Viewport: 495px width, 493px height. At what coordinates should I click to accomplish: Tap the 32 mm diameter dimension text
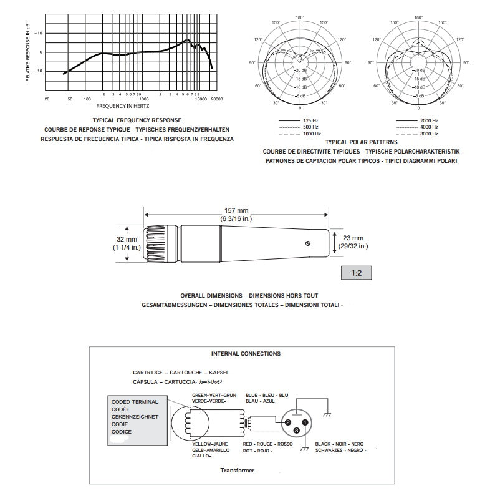127,243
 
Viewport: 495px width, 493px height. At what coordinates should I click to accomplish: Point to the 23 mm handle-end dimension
353,242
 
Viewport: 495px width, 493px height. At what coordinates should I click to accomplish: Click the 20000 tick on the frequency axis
216,99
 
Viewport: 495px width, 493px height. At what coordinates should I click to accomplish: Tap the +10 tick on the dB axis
38,33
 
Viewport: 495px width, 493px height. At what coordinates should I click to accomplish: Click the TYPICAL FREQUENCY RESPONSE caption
137,119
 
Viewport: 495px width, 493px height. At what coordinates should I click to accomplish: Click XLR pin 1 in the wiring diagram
305,423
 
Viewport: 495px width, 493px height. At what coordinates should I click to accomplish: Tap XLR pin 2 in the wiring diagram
288,423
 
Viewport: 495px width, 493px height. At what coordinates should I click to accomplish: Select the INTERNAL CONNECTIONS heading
246,354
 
